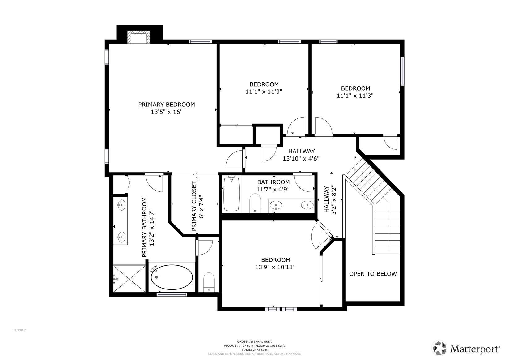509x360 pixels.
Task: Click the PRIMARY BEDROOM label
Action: coord(167,105)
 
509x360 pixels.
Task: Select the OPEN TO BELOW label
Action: coord(373,274)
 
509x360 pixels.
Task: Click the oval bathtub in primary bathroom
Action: coord(172,277)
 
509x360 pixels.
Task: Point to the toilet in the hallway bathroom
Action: coord(255,203)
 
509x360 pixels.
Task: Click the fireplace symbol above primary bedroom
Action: coord(139,37)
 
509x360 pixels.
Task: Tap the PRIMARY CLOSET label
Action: coord(194,206)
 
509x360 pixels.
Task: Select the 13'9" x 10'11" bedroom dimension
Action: coord(275,267)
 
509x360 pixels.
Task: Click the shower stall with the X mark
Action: coord(129,278)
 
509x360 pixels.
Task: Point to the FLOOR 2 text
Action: coord(19,330)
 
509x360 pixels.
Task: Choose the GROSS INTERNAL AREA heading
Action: coord(254,341)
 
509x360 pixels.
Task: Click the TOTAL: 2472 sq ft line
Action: coord(254,350)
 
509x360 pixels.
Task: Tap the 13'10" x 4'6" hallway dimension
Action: coord(301,159)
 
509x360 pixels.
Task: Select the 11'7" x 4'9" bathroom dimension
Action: coord(273,190)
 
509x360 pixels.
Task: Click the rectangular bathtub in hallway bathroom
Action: coord(231,194)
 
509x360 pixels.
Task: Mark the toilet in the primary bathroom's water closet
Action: coord(209,282)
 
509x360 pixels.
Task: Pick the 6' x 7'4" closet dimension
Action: coord(201,208)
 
